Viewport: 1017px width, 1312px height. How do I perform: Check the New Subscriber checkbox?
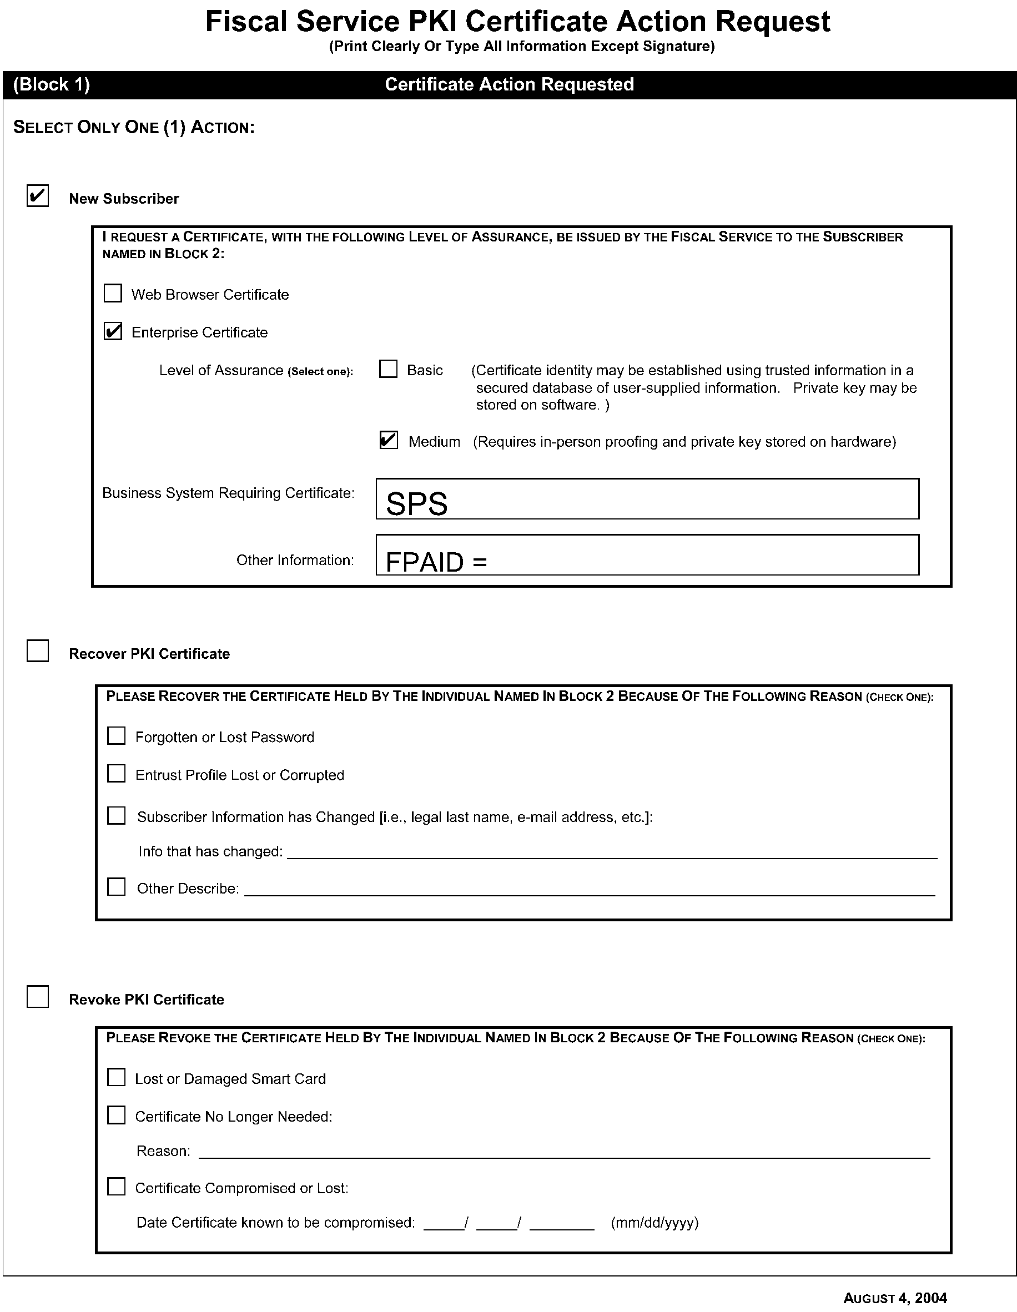point(37,196)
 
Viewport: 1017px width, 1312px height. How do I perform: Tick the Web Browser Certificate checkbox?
point(113,293)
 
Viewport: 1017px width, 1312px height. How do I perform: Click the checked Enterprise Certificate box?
point(113,331)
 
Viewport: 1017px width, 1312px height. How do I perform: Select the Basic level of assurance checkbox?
point(389,369)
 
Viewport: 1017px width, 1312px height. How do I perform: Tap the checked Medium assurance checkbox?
point(389,440)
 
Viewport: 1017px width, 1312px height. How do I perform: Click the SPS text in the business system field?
point(417,503)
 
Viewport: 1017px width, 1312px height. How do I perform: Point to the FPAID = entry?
point(436,562)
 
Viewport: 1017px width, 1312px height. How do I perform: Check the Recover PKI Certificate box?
point(37,651)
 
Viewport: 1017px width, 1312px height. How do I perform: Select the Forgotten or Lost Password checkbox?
point(117,736)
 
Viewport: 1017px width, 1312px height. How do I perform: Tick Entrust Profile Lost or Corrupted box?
point(117,774)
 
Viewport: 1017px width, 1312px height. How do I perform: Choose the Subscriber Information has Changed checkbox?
point(117,816)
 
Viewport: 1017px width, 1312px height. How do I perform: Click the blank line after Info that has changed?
point(612,853)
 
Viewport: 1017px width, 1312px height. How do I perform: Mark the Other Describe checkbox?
point(117,887)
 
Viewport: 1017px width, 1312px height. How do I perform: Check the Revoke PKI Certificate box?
point(37,997)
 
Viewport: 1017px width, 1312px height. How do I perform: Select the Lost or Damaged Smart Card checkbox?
point(117,1078)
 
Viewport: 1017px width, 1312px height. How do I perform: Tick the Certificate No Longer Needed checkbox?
point(117,1116)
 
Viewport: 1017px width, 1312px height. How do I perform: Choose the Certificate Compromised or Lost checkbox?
point(117,1187)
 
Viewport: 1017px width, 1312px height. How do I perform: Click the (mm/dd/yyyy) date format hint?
point(654,1223)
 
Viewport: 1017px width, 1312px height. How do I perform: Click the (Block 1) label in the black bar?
point(52,85)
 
